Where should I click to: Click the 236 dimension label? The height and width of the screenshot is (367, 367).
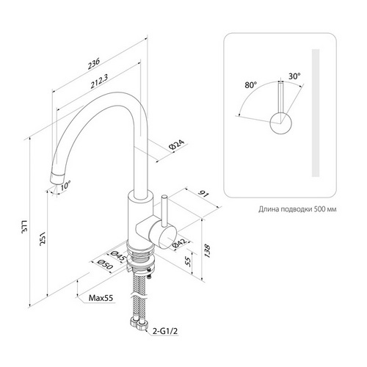point(94,64)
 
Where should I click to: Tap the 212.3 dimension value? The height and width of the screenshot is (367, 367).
point(100,81)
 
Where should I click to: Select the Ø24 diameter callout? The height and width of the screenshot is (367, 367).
point(176,145)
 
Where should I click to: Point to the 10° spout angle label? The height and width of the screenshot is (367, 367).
point(65,186)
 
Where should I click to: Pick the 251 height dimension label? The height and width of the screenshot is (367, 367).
point(43,238)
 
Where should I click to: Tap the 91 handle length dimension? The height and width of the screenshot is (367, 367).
point(204,195)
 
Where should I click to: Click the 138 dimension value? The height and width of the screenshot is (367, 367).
point(207,250)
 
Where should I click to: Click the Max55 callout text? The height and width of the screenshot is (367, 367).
point(101,298)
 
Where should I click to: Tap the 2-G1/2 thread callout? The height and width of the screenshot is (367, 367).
point(165,331)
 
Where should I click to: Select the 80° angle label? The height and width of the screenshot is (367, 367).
point(251,85)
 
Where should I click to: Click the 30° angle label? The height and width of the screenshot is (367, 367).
point(294,76)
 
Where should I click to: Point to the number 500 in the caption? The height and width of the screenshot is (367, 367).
point(319,209)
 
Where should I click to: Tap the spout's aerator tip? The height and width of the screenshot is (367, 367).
point(57,178)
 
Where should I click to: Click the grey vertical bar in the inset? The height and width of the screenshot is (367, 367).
point(316,113)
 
